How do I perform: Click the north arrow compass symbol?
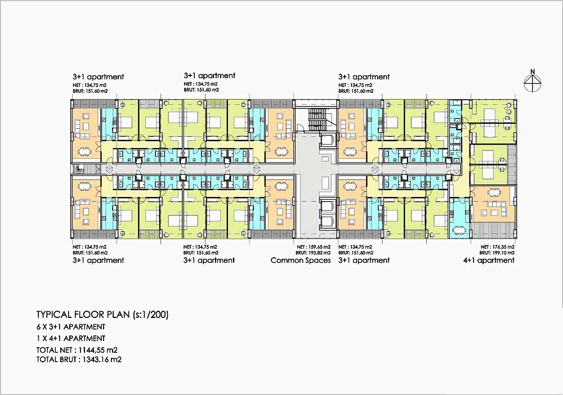[x=533, y=84]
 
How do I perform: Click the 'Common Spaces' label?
[x=301, y=261]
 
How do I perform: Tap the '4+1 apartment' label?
[x=489, y=261]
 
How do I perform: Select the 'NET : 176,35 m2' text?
[x=497, y=247]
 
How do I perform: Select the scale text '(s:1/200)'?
[x=150, y=315]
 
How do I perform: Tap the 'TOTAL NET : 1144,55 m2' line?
[x=77, y=350]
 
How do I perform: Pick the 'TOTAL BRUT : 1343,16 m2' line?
[x=79, y=359]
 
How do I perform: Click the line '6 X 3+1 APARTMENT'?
[x=71, y=327]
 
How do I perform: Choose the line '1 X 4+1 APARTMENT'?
[x=71, y=338]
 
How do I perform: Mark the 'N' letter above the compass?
[x=533, y=72]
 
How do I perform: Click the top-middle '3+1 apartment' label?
[x=209, y=76]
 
